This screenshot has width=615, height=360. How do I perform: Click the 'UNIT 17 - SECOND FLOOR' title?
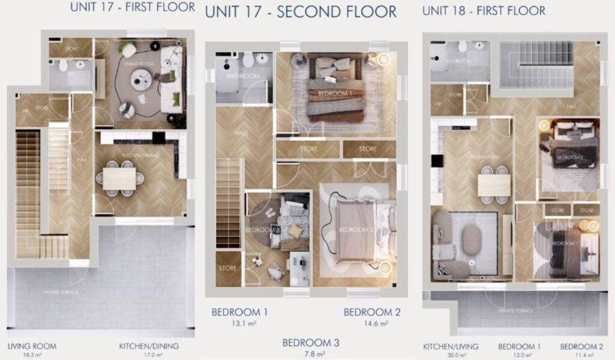[x=301, y=11]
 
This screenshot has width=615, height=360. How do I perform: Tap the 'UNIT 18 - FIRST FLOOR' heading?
[x=483, y=11]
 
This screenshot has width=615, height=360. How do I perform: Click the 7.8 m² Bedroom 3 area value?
[x=311, y=355]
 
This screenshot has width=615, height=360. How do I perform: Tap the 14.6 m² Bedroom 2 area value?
[x=373, y=323]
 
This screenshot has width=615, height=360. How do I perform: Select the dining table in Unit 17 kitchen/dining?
[x=120, y=178]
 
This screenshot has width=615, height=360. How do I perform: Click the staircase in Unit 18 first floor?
[x=536, y=64]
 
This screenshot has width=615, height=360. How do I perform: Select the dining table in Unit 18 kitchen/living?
[x=494, y=185]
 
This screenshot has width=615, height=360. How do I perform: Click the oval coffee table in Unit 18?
[x=472, y=240]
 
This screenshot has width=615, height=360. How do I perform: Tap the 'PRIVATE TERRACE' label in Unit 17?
[x=61, y=292]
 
